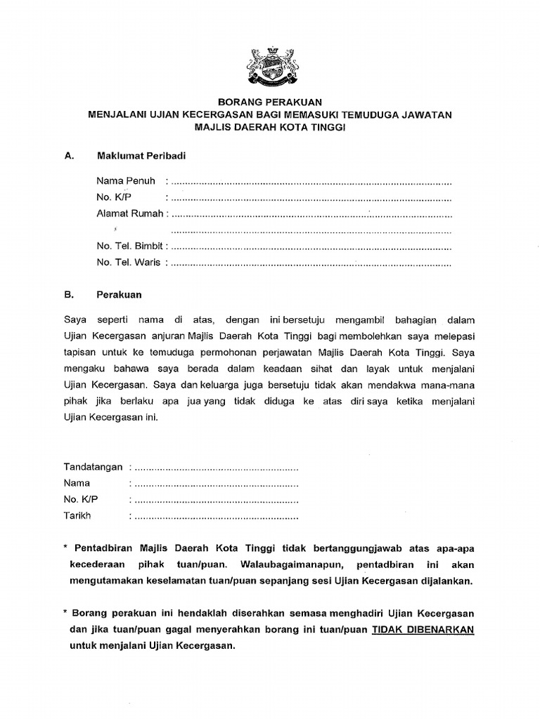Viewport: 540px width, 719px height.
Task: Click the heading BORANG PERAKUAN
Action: pyautogui.click(x=269, y=103)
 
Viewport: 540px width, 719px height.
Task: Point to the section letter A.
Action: pyautogui.click(x=68, y=155)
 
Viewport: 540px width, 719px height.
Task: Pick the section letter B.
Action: pyautogui.click(x=68, y=296)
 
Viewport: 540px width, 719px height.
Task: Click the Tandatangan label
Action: pyautogui.click(x=94, y=467)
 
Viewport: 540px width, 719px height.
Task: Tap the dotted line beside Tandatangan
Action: pyautogui.click(x=217, y=468)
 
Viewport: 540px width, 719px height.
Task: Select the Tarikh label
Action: pyautogui.click(x=77, y=516)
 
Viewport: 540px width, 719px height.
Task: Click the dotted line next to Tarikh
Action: pyautogui.click(x=217, y=517)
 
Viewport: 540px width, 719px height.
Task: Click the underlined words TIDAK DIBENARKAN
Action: pyautogui.click(x=423, y=629)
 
